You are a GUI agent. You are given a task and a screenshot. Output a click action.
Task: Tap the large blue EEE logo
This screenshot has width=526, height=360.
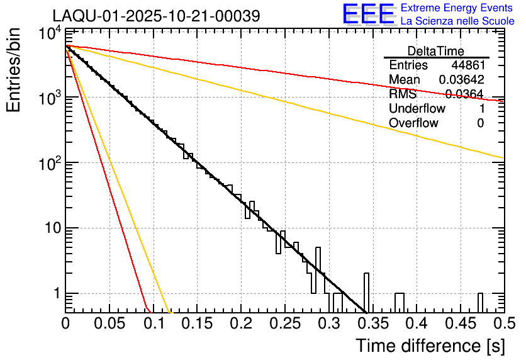pyautogui.click(x=368, y=14)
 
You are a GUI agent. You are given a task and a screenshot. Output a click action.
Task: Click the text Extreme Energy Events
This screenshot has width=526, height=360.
pyautogui.click(x=457, y=8)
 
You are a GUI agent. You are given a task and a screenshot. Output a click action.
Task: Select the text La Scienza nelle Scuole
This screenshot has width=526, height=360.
pyautogui.click(x=457, y=21)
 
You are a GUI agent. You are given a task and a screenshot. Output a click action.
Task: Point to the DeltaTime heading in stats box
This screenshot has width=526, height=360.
pyautogui.click(x=436, y=51)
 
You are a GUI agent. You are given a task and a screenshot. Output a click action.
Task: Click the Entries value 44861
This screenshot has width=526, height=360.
pyautogui.click(x=467, y=65)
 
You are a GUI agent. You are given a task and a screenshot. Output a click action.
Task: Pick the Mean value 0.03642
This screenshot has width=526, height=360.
pyautogui.click(x=461, y=80)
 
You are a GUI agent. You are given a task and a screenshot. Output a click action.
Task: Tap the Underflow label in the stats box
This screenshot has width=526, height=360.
pyautogui.click(x=417, y=108)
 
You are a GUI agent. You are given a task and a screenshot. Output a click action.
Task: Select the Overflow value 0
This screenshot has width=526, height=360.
pyautogui.click(x=480, y=123)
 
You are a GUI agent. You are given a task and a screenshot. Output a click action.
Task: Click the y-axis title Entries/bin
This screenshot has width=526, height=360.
pyautogui.click(x=14, y=70)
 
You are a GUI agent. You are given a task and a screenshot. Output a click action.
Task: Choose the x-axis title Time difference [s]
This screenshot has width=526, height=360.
pyautogui.click(x=430, y=346)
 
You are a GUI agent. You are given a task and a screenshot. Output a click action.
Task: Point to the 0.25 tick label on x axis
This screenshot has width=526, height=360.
pyautogui.click(x=284, y=323)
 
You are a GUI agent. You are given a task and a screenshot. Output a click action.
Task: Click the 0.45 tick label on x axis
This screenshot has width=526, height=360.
pyautogui.click(x=460, y=323)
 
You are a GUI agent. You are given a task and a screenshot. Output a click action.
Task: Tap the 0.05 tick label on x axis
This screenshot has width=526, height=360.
pyautogui.click(x=109, y=323)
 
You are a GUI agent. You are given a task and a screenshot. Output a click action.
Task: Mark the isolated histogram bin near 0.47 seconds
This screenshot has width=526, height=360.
pyautogui.click(x=480, y=303)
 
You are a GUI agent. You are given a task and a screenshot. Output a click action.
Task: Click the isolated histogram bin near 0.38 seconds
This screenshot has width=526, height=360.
pyautogui.click(x=400, y=303)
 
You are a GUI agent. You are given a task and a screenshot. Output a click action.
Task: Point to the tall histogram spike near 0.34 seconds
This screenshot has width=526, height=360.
pyautogui.click(x=366, y=293)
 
